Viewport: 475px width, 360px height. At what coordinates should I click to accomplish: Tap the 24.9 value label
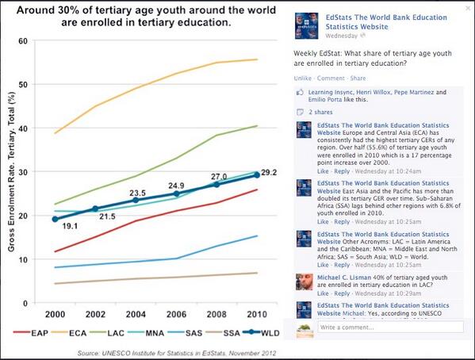point(177,186)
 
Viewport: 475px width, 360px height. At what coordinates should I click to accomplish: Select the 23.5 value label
point(137,192)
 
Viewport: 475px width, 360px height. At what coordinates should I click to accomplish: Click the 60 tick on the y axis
point(33,40)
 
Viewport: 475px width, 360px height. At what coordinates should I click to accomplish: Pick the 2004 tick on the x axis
point(136,314)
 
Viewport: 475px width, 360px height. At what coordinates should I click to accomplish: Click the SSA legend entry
point(223,335)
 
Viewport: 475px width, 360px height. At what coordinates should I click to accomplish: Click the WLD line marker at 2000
point(54,219)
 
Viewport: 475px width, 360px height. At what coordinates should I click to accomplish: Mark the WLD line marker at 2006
point(177,193)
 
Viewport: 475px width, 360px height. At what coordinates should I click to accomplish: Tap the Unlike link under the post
point(302,79)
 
